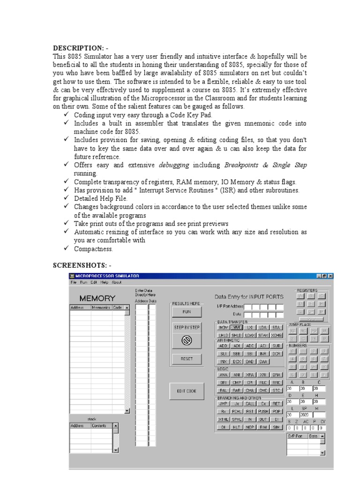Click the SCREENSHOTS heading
pyautogui.click(x=79, y=266)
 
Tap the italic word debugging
pyautogui.click(x=174, y=165)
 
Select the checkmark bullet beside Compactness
pyautogui.click(x=66, y=248)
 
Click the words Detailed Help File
pyautogui.click(x=101, y=198)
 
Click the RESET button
pyautogui.click(x=187, y=359)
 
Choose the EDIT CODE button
pyautogui.click(x=187, y=391)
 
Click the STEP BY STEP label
pyautogui.click(x=187, y=328)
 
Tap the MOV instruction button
pyautogui.click(x=223, y=328)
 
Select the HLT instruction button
pyautogui.click(x=237, y=427)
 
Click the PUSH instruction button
pyautogui.click(x=263, y=411)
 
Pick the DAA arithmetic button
pyautogui.click(x=263, y=361)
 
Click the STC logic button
pyautogui.click(x=277, y=390)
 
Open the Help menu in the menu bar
pyautogui.click(x=104, y=282)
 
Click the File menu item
pyautogui.click(x=74, y=282)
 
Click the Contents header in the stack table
pyautogui.click(x=99, y=426)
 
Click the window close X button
pyautogui.click(x=330, y=276)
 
